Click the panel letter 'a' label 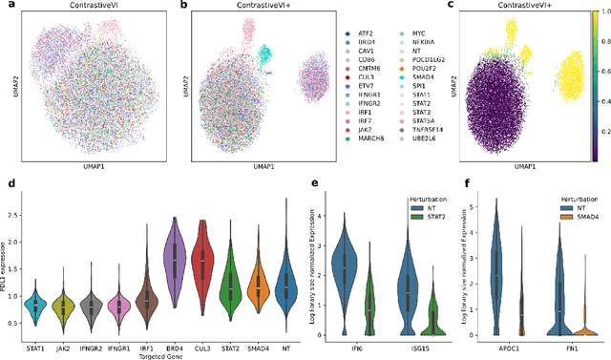5,7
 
